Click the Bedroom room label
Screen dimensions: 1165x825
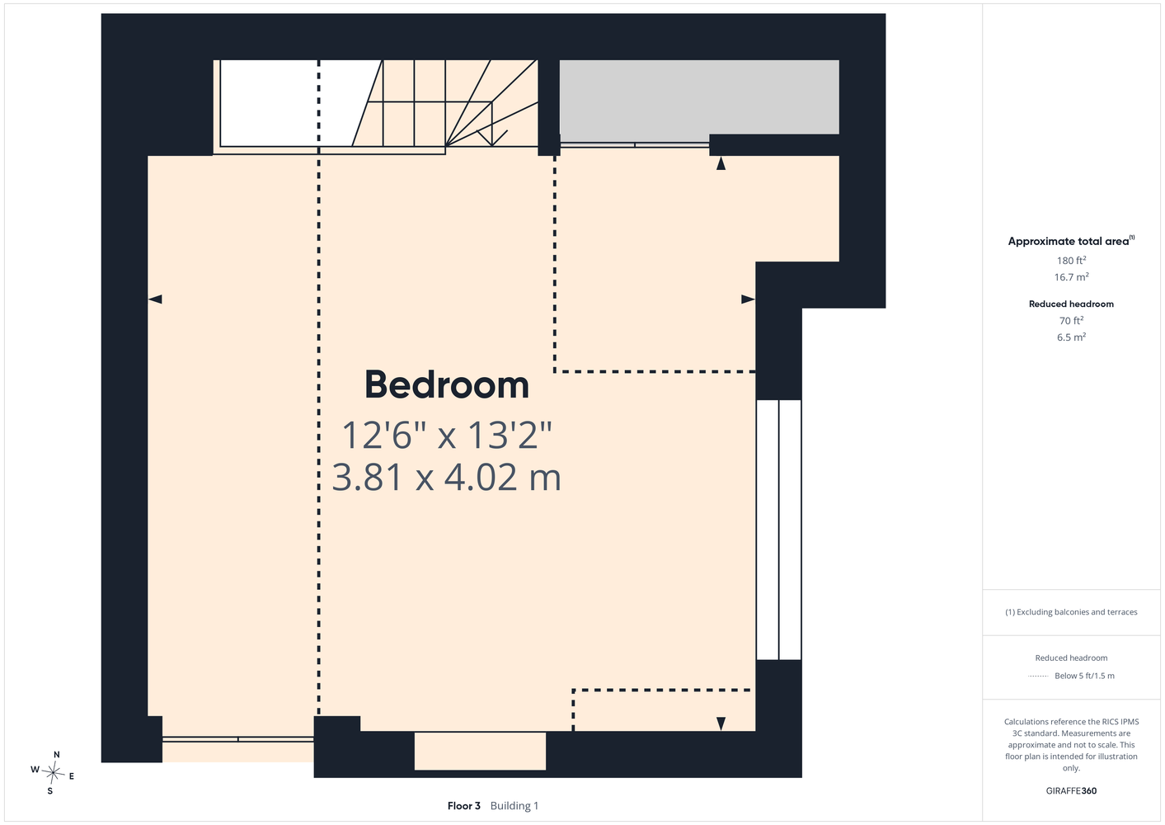tap(447, 384)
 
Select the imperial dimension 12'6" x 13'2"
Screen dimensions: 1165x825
tap(447, 435)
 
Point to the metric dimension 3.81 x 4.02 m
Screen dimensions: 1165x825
tap(447, 478)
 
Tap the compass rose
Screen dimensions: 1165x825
tap(53, 773)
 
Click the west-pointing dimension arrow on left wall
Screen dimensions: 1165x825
tap(155, 299)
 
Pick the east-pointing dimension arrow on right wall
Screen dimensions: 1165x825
tap(748, 299)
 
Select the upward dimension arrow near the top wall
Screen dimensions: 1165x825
tap(721, 163)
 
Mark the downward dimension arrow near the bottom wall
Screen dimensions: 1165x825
tap(721, 724)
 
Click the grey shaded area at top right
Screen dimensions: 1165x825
tap(699, 97)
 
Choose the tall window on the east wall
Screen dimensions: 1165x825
tap(778, 530)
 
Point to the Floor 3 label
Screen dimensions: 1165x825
tap(464, 806)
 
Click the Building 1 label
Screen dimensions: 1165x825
tap(514, 806)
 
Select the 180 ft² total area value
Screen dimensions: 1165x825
tap(1071, 260)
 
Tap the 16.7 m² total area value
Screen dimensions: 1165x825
tap(1071, 277)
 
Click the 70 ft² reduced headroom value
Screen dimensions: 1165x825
tap(1071, 321)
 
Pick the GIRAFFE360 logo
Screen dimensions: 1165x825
tap(1071, 790)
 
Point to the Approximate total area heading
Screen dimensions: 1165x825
tap(1071, 241)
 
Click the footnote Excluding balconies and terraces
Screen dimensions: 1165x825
tap(1071, 612)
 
